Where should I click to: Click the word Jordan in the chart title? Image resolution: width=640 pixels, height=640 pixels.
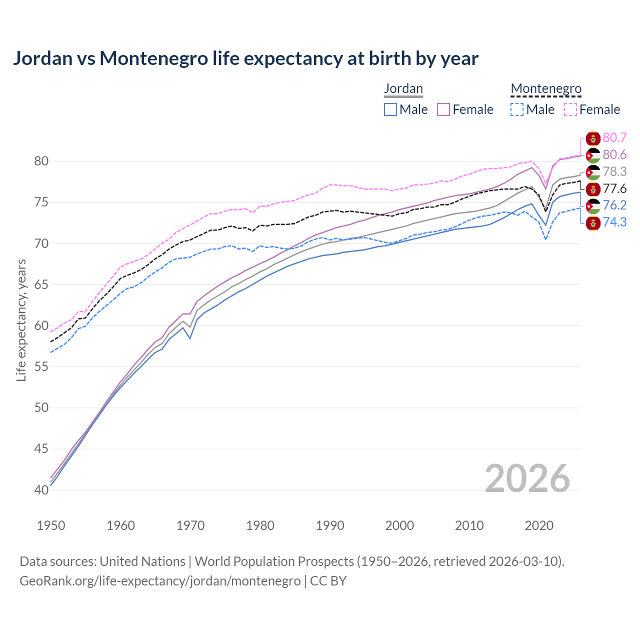pyautogui.click(x=42, y=58)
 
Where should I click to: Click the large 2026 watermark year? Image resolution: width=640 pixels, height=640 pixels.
pyautogui.click(x=527, y=479)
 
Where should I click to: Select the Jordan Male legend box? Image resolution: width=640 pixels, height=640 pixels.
pyautogui.click(x=390, y=109)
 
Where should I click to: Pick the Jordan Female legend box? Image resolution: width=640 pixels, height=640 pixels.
pyautogui.click(x=444, y=109)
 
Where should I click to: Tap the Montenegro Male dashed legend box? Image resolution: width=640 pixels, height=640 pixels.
pyautogui.click(x=517, y=109)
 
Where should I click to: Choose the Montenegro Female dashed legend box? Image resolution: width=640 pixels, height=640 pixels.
pyautogui.click(x=570, y=109)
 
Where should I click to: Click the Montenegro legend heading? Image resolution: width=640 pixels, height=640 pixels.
pyautogui.click(x=546, y=89)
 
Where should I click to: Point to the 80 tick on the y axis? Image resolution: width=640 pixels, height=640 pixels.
pyautogui.click(x=41, y=161)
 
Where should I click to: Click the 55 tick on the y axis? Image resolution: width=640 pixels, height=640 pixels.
pyautogui.click(x=41, y=367)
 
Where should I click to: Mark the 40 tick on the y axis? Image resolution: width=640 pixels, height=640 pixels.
pyautogui.click(x=41, y=490)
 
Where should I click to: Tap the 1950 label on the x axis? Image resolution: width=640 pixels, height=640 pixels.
pyautogui.click(x=51, y=525)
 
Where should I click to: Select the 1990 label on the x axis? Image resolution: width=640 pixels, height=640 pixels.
pyautogui.click(x=330, y=525)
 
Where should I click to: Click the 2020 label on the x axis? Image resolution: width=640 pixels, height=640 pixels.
pyautogui.click(x=539, y=525)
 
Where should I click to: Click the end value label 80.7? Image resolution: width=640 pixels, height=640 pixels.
pyautogui.click(x=614, y=138)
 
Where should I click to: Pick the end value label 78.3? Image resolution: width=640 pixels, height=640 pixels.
pyautogui.click(x=614, y=172)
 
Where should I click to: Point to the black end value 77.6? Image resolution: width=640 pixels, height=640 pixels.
pyautogui.click(x=614, y=189)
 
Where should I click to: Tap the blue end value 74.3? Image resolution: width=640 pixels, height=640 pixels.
pyautogui.click(x=614, y=222)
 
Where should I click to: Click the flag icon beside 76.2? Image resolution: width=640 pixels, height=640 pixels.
pyautogui.click(x=593, y=205)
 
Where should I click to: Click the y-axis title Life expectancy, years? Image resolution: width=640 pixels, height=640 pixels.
pyautogui.click(x=21, y=320)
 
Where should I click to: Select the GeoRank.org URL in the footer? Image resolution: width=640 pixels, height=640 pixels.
pyautogui.click(x=160, y=581)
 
